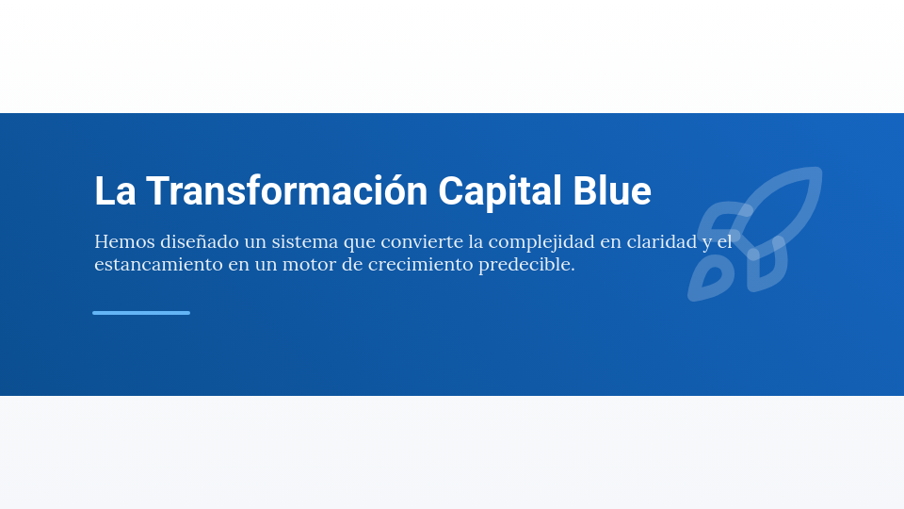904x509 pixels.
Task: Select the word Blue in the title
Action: [612, 191]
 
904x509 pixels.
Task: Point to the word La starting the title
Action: [114, 191]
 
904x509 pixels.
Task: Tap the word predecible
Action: [526, 265]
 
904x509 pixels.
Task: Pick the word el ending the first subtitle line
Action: [724, 242]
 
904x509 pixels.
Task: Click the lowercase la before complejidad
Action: [476, 242]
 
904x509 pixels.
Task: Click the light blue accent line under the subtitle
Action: [141, 313]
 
